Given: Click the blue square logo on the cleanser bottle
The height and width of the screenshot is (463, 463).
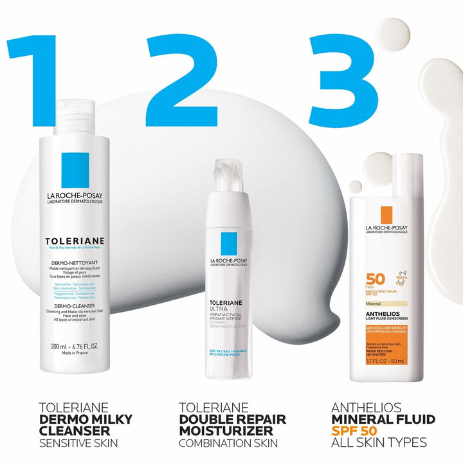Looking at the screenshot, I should coord(79,169).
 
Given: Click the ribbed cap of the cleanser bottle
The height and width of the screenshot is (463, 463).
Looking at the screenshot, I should coord(80,116).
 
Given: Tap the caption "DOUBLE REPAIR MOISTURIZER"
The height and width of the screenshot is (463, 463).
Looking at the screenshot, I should coord(232,425).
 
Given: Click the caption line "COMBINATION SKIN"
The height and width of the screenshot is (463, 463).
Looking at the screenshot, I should coord(228,443).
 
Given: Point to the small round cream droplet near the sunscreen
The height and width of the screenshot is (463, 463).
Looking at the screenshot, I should coord(355,186).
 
